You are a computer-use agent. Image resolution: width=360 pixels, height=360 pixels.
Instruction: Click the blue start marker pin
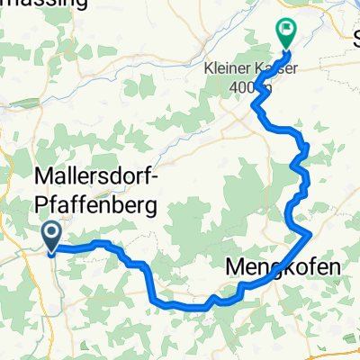(x=51, y=236)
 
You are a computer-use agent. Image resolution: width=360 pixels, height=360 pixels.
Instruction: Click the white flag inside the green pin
(x=287, y=30)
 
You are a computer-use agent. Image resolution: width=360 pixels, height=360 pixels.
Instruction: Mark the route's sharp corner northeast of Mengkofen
(x=310, y=233)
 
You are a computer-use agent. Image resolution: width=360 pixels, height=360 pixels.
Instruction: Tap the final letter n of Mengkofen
(x=335, y=267)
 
